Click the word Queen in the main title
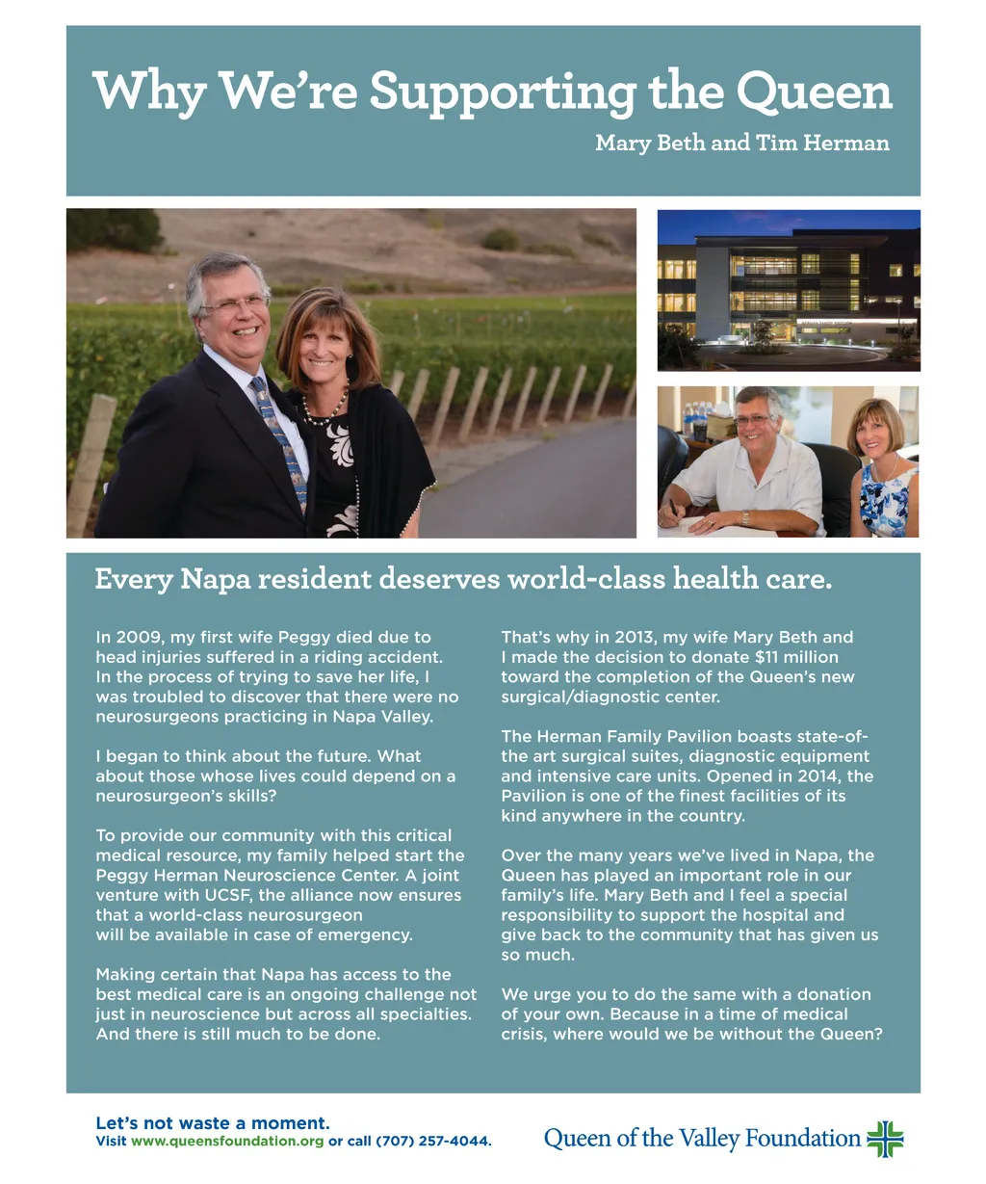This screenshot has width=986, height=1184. pos(815,92)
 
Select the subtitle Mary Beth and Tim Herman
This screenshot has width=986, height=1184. pos(741,144)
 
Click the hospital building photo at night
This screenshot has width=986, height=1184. pos(788,290)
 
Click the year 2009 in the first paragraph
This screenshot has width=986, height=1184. pos(135,637)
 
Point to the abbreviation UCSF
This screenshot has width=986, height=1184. pos(218,895)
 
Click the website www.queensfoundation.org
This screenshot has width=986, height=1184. pos(227,1142)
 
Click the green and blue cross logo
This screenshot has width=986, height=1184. pos(885,1139)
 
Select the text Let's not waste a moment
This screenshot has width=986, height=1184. pos(213,1123)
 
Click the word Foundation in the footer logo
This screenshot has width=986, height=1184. pos(802,1139)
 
